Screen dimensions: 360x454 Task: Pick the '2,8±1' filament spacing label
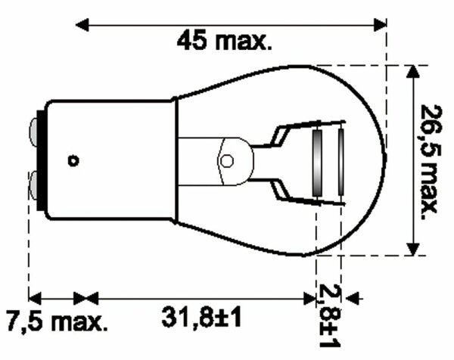(x=330, y=315)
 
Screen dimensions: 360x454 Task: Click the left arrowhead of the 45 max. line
(x=85, y=25)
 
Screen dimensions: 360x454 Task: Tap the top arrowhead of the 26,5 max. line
(x=412, y=72)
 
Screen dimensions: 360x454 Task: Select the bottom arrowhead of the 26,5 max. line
(x=412, y=250)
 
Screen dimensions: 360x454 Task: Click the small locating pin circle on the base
(x=73, y=160)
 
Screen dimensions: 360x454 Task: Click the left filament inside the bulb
(x=319, y=160)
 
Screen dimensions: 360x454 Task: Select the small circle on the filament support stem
(x=226, y=160)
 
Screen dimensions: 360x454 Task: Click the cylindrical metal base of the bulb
(x=106, y=160)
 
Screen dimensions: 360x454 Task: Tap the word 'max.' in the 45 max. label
(x=246, y=42)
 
